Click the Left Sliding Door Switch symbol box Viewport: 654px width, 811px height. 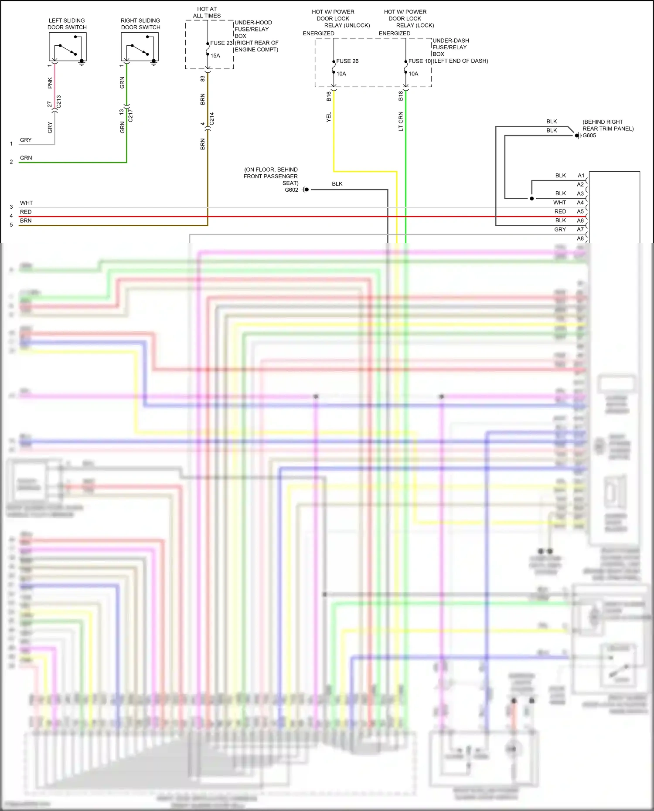coord(68,47)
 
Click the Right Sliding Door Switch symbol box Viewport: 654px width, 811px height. coord(140,47)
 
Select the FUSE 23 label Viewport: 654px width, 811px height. coord(221,43)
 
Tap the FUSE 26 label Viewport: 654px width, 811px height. coord(347,61)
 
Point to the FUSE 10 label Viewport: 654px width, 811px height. coord(419,61)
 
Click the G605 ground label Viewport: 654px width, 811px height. coord(589,136)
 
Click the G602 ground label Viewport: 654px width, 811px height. coord(291,190)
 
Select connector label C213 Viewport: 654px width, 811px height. coord(58,102)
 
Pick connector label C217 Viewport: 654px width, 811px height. coord(130,115)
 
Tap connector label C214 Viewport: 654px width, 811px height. coord(212,119)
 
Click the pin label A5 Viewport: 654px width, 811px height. coord(580,211)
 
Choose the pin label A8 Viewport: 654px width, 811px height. coord(580,238)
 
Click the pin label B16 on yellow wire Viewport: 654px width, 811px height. coord(329,96)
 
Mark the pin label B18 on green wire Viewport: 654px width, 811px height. coord(401,96)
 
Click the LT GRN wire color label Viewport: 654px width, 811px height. coord(401,122)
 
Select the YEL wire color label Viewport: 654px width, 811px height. coord(329,117)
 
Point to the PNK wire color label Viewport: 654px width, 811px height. coord(50,83)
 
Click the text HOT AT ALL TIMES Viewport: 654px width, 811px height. coord(207,12)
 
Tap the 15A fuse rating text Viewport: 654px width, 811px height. coord(215,56)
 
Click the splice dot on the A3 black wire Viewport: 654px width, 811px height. coord(531,199)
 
